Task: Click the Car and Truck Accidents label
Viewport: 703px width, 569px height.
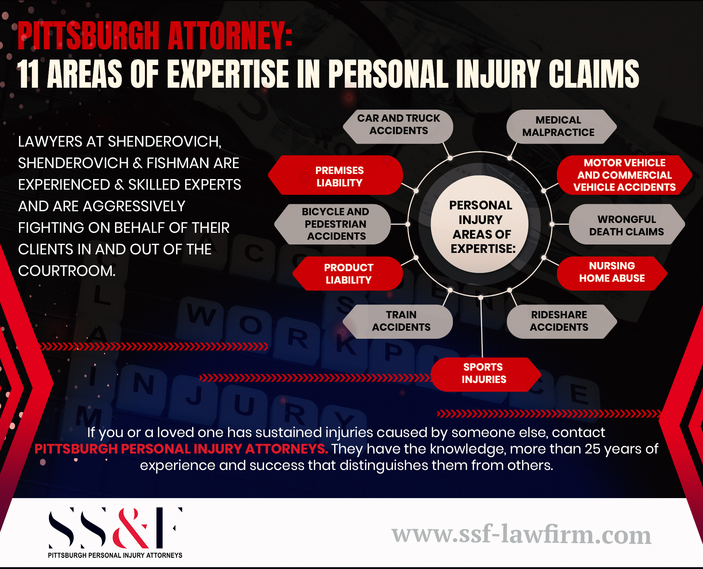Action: [398, 125]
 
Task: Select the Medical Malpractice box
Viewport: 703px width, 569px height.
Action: [558, 126]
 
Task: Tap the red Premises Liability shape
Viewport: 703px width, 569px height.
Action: [339, 177]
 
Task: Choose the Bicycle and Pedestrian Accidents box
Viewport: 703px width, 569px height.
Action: [335, 224]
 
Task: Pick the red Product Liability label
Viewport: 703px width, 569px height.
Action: [348, 274]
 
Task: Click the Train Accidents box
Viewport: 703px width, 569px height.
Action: [401, 321]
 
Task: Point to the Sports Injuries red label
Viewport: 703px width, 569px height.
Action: [484, 373]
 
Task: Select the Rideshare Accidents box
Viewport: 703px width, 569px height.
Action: [559, 321]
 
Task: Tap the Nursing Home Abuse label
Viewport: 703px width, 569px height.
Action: [612, 272]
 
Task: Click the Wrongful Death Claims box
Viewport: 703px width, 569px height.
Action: [626, 225]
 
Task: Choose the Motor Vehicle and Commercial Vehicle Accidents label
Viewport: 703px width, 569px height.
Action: [624, 175]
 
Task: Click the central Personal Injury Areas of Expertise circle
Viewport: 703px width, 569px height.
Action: [481, 227]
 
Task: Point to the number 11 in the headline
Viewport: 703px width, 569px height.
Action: [28, 74]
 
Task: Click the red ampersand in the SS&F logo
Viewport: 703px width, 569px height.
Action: [131, 529]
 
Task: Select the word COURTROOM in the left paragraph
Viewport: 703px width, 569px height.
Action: [66, 271]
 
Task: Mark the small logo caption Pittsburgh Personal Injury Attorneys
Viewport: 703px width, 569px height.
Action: [115, 555]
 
